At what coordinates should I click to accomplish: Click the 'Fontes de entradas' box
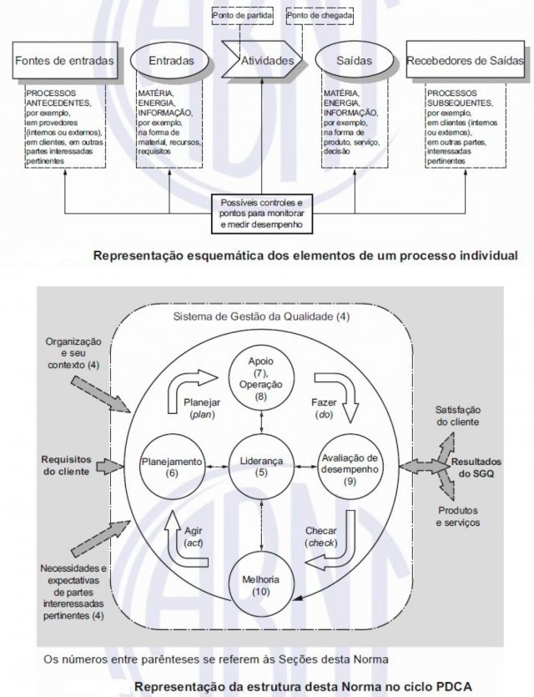tap(63, 60)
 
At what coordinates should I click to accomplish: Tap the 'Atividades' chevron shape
tap(266, 60)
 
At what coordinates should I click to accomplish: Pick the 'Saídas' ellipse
tap(355, 60)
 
